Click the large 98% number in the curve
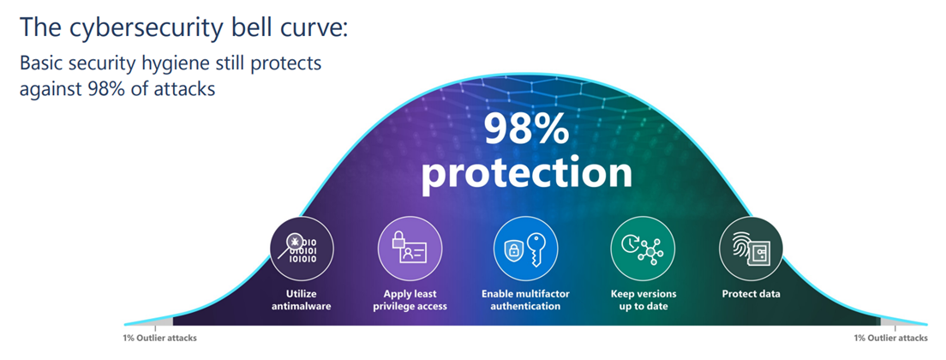[x=525, y=129]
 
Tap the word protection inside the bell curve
[x=526, y=172]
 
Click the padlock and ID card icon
[x=410, y=249]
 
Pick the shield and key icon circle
[x=525, y=249]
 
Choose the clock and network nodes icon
[x=644, y=249]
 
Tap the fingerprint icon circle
[x=751, y=249]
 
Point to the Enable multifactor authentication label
[x=525, y=300]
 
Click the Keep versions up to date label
[x=644, y=300]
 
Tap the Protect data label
[x=751, y=294]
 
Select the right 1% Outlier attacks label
[x=890, y=339]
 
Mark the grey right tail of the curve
[x=902, y=321]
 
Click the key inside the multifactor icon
[x=536, y=249]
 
